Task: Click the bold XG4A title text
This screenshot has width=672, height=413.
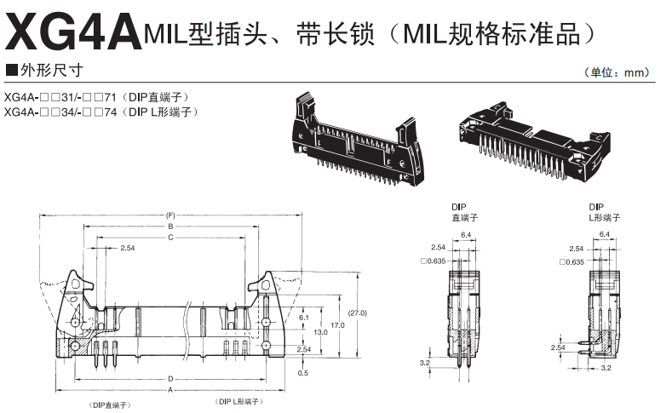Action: (x=72, y=32)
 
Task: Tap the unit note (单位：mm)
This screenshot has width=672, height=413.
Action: (x=619, y=73)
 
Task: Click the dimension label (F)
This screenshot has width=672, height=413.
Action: (x=170, y=215)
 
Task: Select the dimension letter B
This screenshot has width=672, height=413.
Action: (x=170, y=227)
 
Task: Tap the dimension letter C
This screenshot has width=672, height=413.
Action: (x=170, y=238)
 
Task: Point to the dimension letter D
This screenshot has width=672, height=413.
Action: (x=170, y=377)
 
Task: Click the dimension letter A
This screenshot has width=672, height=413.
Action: (x=170, y=389)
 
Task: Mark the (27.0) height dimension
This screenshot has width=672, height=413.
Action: (x=358, y=313)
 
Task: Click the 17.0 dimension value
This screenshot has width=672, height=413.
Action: (x=337, y=324)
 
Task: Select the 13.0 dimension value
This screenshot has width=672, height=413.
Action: (x=320, y=332)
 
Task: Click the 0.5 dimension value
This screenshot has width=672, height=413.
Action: (x=304, y=373)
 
